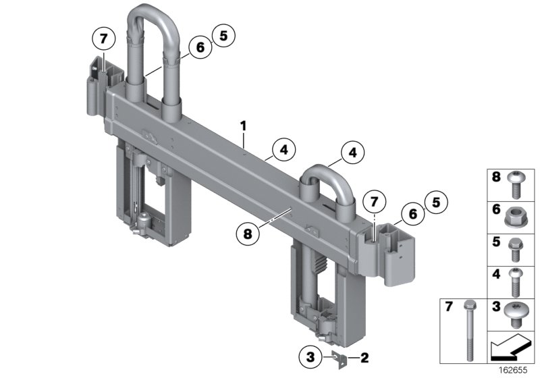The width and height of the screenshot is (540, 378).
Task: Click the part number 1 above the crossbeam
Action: (x=243, y=126)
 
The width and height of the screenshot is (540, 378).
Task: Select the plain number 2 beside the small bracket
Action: (x=364, y=356)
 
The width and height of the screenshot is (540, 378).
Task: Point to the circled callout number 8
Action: (x=249, y=233)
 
